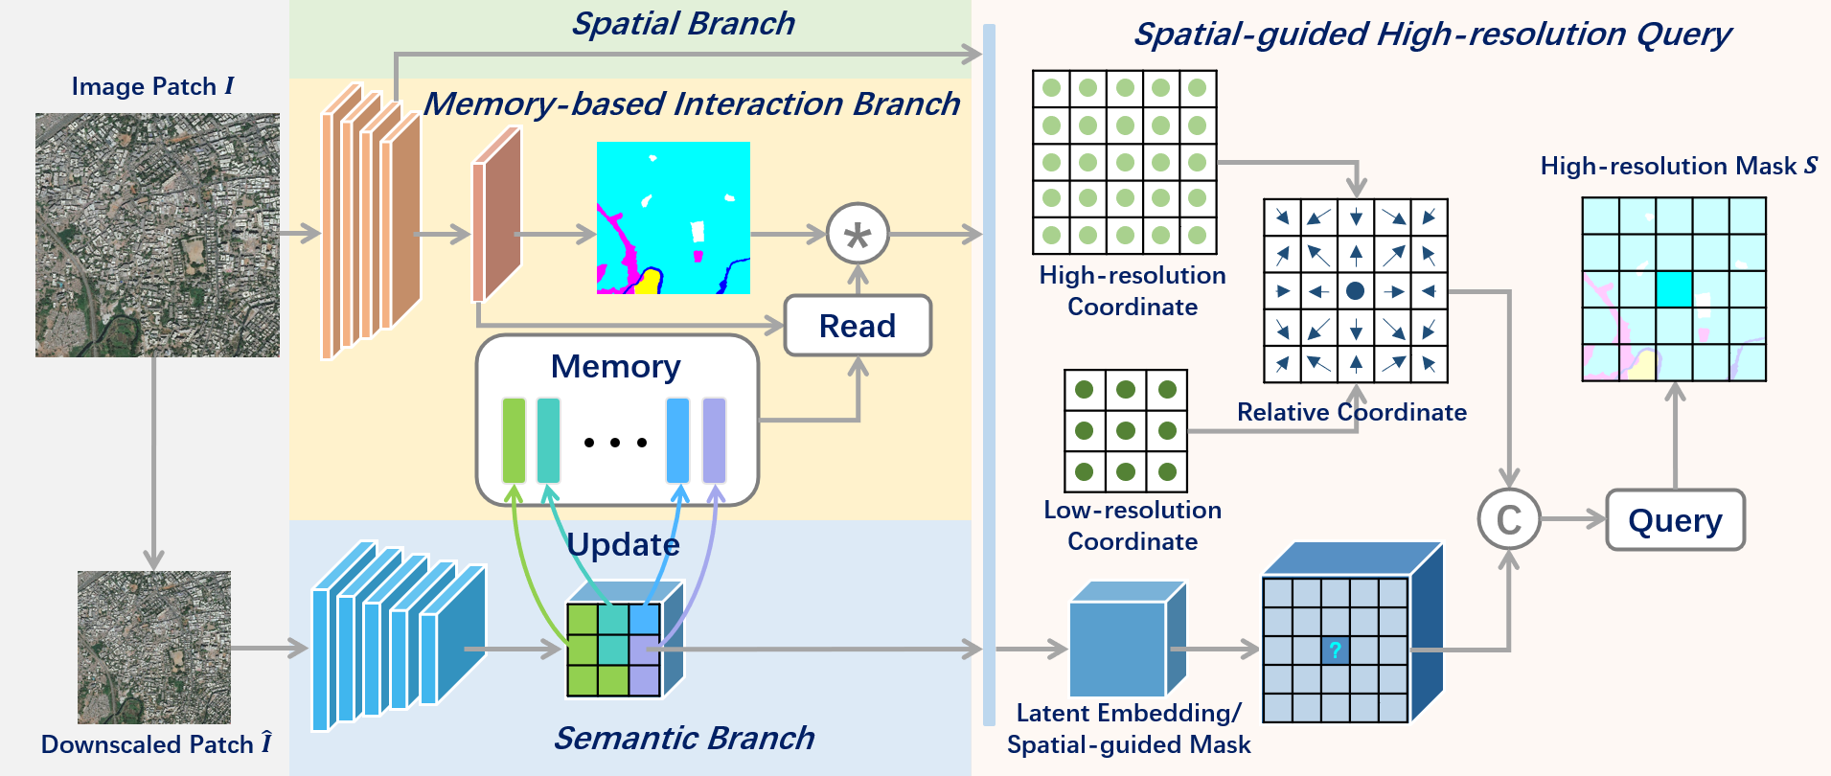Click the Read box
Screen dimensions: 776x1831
tap(858, 326)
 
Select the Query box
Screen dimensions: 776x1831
tap(1675, 520)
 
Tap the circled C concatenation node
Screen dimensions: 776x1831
tap(1509, 519)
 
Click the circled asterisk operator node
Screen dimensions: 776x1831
tap(858, 234)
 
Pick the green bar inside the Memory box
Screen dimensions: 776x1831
tap(514, 441)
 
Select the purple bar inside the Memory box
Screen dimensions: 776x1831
tap(714, 441)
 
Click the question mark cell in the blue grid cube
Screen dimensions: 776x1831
tap(1335, 650)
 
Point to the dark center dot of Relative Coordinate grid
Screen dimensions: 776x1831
tap(1355, 290)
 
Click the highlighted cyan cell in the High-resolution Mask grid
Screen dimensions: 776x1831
tap(1674, 289)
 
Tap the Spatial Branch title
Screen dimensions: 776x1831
tap(683, 23)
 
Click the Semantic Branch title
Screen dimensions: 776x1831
tap(683, 738)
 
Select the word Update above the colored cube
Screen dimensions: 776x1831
tap(623, 544)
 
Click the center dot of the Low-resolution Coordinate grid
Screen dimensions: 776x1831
tap(1126, 430)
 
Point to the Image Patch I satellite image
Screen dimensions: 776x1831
tap(157, 235)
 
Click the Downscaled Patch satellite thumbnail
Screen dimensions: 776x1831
tap(153, 648)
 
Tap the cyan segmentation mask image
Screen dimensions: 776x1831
tap(674, 217)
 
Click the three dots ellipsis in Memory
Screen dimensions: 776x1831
tap(615, 443)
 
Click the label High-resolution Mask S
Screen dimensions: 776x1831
tap(1679, 166)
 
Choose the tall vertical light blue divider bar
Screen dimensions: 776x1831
tap(989, 374)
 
